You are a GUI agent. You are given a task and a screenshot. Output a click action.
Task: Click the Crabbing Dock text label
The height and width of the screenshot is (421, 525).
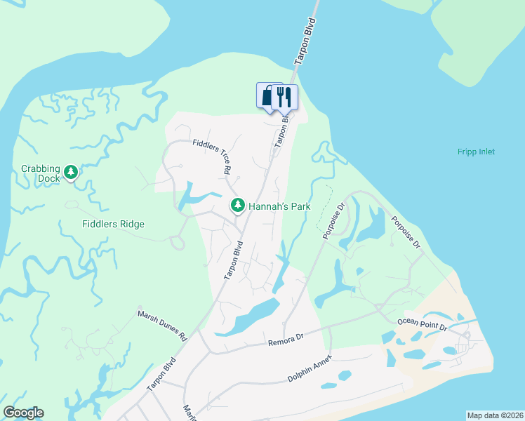point(40,173)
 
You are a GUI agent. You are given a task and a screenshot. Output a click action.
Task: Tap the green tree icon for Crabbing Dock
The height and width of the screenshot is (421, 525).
point(70,172)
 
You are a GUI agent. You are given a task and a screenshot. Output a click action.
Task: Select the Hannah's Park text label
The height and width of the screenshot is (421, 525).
point(279,206)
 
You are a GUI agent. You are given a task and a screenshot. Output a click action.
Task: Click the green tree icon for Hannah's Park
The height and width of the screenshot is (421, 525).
point(238,205)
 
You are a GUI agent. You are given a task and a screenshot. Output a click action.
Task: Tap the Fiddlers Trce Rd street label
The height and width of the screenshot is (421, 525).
point(212,156)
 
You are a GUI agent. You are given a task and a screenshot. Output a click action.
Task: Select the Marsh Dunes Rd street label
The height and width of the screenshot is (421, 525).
point(163,326)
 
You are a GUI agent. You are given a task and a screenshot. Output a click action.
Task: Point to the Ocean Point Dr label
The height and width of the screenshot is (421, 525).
point(422,321)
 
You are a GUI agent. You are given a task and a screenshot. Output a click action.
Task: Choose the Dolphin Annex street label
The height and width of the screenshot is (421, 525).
point(309,368)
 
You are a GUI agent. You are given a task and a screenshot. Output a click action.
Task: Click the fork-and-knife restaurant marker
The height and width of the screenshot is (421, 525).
point(284,97)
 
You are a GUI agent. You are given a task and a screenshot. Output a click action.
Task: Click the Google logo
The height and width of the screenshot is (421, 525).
point(23,413)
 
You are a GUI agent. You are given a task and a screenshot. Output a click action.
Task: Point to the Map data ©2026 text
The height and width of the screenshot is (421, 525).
point(495,415)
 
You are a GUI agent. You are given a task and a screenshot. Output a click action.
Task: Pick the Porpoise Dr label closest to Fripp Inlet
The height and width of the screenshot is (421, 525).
point(406,231)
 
